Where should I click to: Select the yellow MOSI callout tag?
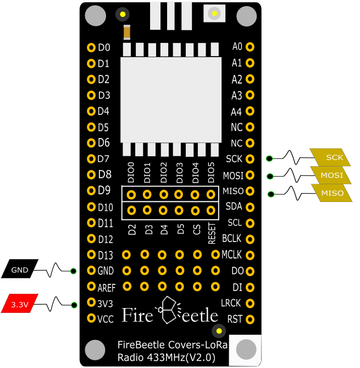pos(331,175)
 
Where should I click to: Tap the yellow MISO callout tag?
pos(332,193)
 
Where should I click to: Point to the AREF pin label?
pos(106,287)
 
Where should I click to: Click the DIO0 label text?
pos(131,173)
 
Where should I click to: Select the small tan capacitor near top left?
pos(127,33)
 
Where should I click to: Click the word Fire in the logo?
pos(136,315)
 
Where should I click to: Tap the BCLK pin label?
pos(231,239)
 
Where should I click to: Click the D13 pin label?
pos(105,255)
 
